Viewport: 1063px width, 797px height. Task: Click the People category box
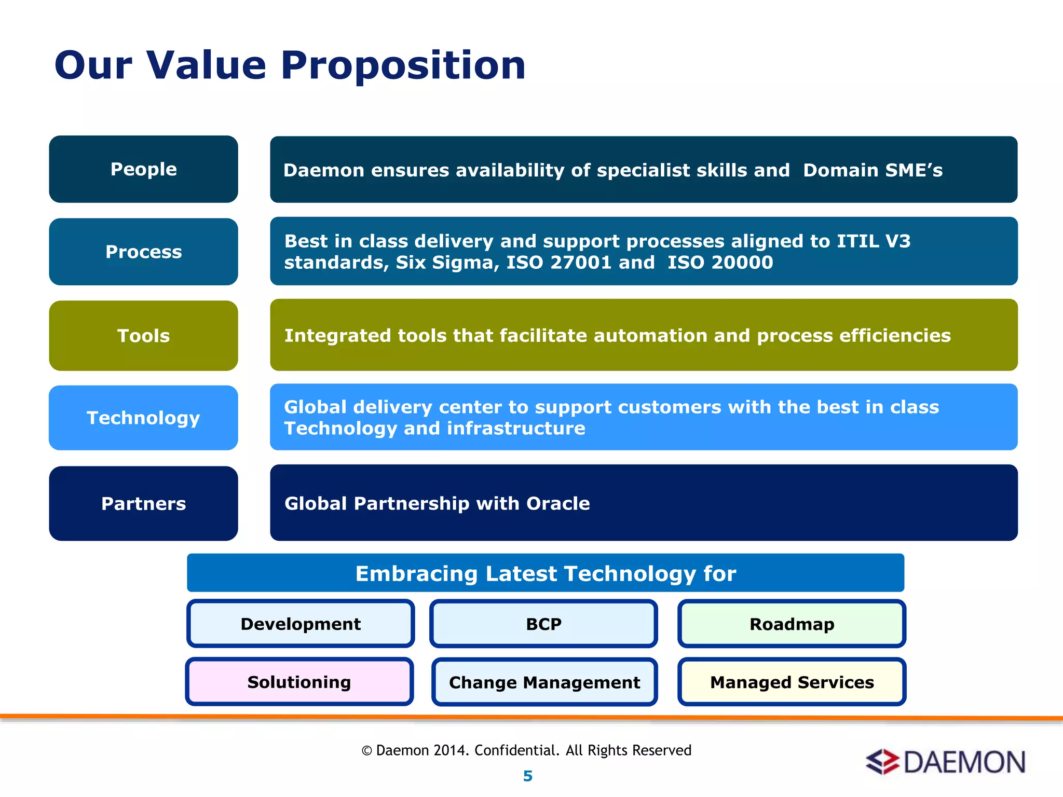[143, 169]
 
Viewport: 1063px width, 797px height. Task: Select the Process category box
[143, 252]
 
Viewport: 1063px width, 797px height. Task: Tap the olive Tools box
[143, 336]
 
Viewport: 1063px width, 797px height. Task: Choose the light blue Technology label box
[143, 418]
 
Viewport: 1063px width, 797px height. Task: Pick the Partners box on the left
[143, 503]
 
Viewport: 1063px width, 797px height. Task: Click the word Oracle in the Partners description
[558, 503]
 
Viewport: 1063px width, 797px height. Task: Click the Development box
[301, 624]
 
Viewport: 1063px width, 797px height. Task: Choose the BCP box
[543, 624]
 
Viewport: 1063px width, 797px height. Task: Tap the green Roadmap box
[792, 624]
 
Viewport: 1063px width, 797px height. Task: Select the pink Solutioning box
[299, 682]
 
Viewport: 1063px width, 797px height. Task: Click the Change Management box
[544, 682]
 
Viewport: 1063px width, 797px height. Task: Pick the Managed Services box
[792, 682]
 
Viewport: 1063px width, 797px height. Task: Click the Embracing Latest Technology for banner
[546, 573]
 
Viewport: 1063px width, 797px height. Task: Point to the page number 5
[528, 776]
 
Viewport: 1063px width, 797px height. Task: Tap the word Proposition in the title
[403, 65]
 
